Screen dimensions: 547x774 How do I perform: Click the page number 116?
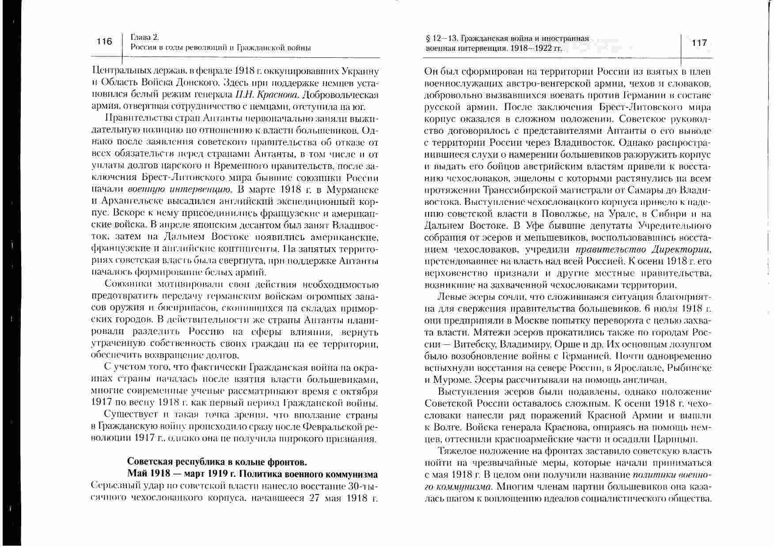pyautogui.click(x=105, y=42)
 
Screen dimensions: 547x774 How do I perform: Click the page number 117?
pyautogui.click(x=699, y=43)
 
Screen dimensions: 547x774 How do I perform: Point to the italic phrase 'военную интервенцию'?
pyautogui.click(x=179, y=190)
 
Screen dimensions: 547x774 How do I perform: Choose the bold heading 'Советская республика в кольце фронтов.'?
pyautogui.click(x=217, y=462)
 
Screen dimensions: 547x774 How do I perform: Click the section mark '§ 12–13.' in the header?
pyautogui.click(x=439, y=39)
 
